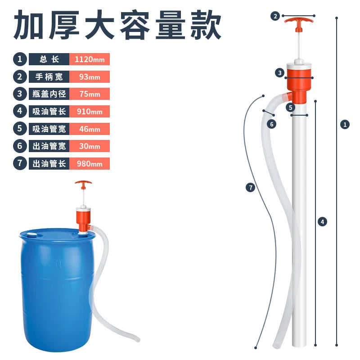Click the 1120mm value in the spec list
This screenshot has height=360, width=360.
[x=90, y=59]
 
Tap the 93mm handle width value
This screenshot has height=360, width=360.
[x=90, y=76]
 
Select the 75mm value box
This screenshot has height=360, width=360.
[x=90, y=94]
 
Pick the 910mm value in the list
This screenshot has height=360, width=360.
[x=90, y=111]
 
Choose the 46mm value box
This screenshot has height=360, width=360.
[x=90, y=129]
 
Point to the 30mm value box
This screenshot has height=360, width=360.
[x=90, y=146]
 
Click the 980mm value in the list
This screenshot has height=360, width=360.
[x=90, y=163]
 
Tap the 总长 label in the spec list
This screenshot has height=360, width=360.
[x=49, y=59]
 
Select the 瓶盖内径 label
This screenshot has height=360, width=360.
[x=49, y=94]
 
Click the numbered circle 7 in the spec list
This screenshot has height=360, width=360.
[x=20, y=163]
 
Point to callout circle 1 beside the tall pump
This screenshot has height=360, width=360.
[x=345, y=125]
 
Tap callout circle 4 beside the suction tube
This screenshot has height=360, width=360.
[x=322, y=222]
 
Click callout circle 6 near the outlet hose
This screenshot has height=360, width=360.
[x=272, y=124]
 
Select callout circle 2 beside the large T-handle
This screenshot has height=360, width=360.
[x=275, y=16]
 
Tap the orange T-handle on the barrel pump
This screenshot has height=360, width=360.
[x=83, y=184]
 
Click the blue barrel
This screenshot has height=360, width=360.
[x=58, y=289]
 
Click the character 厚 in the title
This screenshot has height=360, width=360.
[x=64, y=25]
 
